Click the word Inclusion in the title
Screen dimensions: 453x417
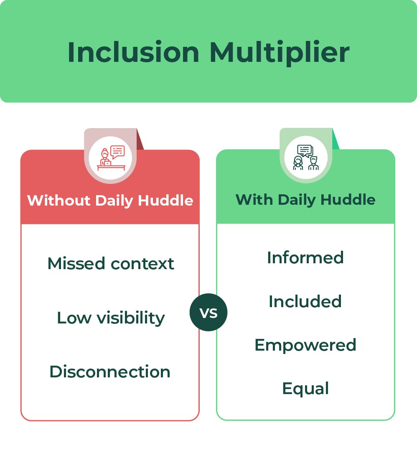133,52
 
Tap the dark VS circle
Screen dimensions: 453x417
208,313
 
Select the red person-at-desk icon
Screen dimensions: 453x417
111,158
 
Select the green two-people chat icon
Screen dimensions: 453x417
306,158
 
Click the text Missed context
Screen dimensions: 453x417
111,264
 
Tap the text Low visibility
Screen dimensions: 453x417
111,318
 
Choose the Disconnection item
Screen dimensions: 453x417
110,372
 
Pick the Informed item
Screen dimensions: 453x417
305,257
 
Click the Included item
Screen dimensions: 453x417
305,301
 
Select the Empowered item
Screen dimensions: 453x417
305,345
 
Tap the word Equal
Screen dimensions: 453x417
305,389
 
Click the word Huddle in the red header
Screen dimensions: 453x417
165,201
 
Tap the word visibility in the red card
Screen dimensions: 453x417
131,318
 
